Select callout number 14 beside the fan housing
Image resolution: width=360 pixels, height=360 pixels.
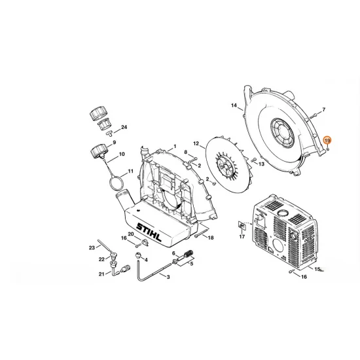click(x=233, y=105)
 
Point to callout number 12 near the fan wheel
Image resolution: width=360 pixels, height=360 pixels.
click(x=195, y=142)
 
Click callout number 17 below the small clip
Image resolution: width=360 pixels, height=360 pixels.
click(x=242, y=237)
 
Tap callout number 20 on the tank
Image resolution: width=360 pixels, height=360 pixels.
click(x=131, y=234)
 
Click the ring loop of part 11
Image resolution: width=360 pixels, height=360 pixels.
click(x=116, y=179)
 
